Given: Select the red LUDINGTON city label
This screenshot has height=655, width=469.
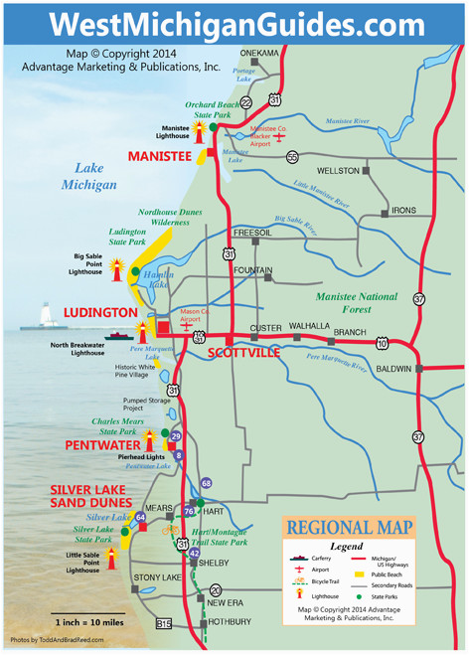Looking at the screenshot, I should point(100,312).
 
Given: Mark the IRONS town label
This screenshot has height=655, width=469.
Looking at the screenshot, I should point(403,211).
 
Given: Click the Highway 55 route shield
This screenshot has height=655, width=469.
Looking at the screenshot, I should point(292,157).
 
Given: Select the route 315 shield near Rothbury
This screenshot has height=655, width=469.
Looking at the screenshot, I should point(164,623).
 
